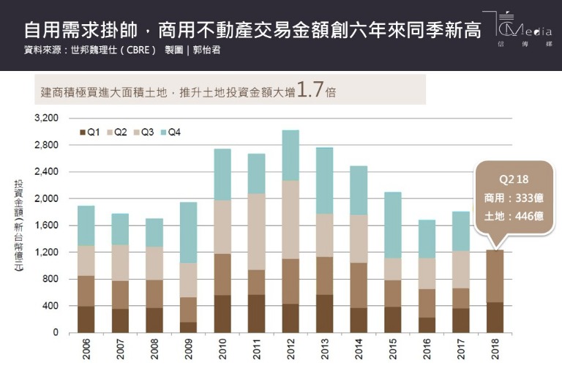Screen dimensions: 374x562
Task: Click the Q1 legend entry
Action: pyautogui.click(x=89, y=132)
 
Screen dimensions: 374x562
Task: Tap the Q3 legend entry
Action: pyautogui.click(x=143, y=132)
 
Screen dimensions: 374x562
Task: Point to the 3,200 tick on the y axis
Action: pyautogui.click(x=45, y=118)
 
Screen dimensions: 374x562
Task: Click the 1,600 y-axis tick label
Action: pyautogui.click(x=45, y=225)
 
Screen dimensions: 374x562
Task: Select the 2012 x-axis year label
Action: pyautogui.click(x=291, y=350)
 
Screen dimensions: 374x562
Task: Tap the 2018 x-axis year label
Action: pyautogui.click(x=495, y=350)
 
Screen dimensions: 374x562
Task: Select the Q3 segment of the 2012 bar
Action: pyautogui.click(x=291, y=220)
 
